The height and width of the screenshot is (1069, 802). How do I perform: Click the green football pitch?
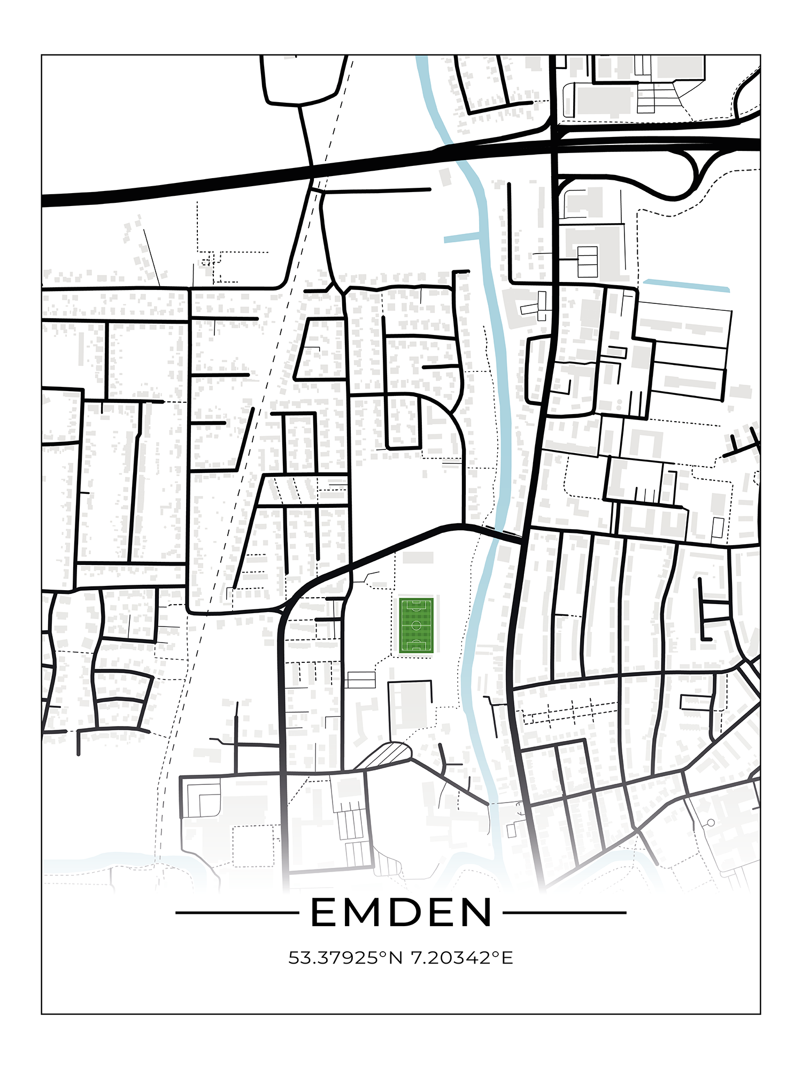tap(416, 625)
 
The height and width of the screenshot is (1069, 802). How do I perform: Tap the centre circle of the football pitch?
tap(416, 625)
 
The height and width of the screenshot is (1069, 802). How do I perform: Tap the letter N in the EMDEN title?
tap(474, 912)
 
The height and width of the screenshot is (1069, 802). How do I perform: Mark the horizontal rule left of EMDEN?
tap(237, 913)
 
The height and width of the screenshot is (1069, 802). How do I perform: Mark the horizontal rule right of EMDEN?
tap(565, 913)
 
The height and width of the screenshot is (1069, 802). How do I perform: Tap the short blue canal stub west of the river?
tap(462, 237)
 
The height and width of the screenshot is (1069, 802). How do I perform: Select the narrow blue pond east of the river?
tap(686, 285)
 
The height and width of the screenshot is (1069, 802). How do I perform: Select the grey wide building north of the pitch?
tap(418, 558)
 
